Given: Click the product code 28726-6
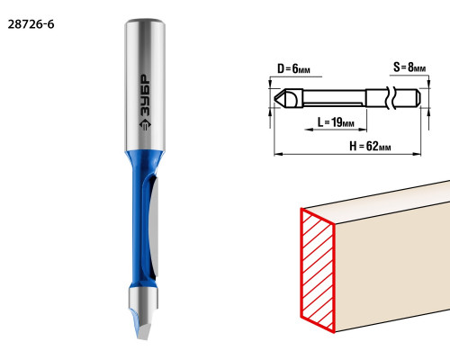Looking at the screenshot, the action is coord(31,24).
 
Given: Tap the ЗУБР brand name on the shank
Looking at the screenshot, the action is coord(146,96).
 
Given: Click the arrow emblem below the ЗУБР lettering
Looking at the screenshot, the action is coord(146,124).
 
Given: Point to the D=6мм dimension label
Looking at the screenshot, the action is coord(293,69).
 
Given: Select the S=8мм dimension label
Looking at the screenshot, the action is coord(409,67).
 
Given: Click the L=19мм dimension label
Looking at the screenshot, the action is coord(336,122).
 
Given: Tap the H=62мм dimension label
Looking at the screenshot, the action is coord(370,147).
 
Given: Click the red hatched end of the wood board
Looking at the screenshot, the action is coord(318,270).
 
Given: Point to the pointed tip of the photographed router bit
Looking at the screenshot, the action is coord(142,337).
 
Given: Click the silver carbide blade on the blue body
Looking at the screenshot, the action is coord(154,227).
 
